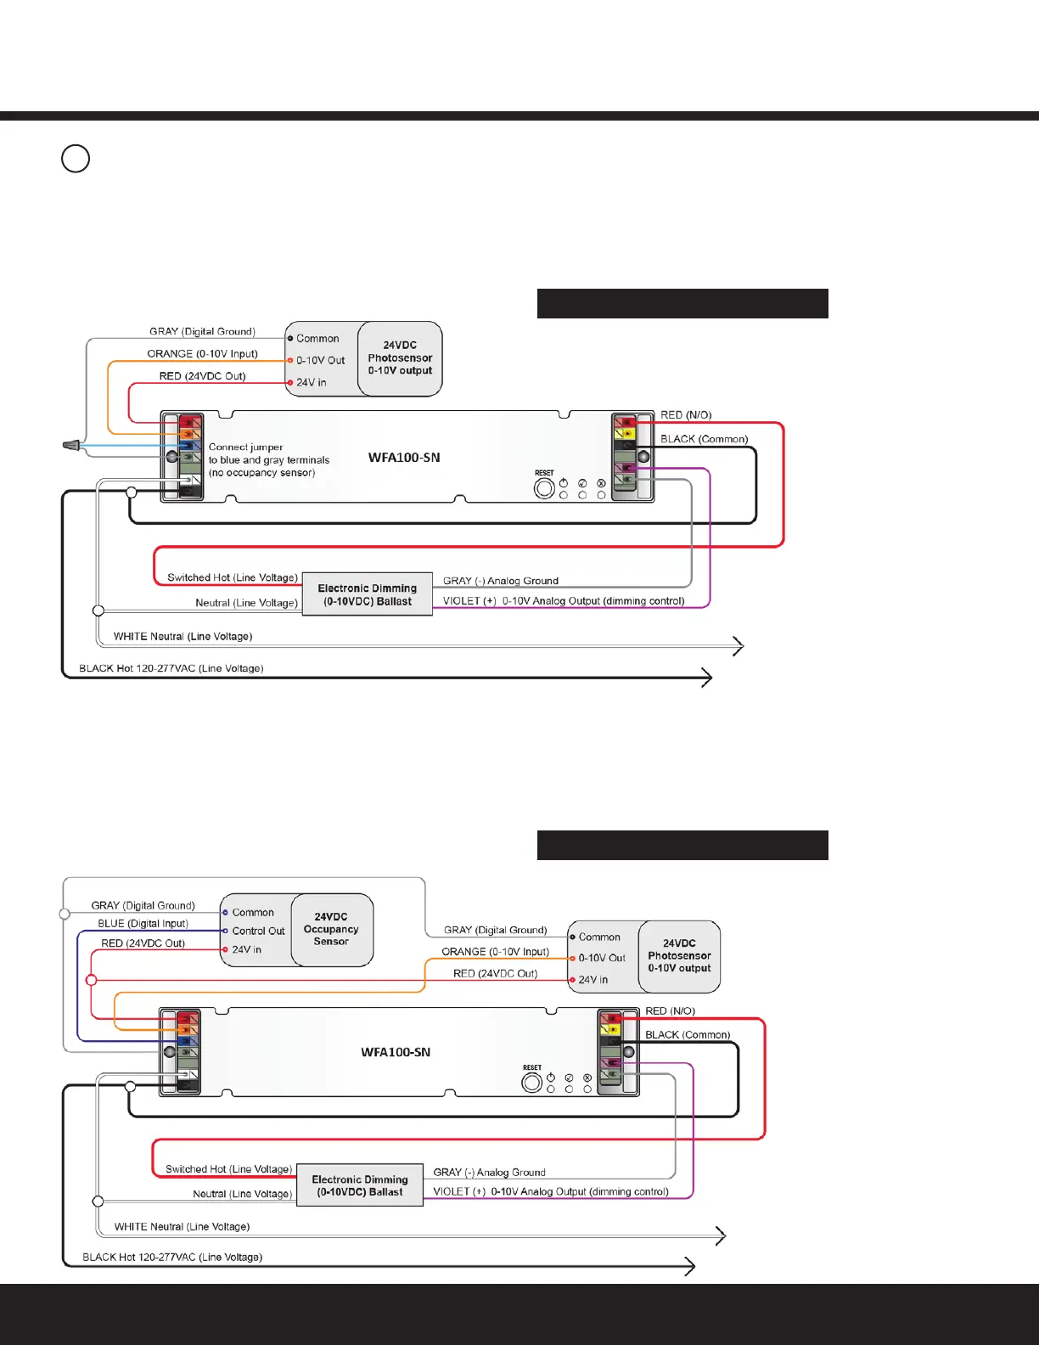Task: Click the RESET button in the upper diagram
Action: pos(544,488)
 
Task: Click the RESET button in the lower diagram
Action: pos(532,1083)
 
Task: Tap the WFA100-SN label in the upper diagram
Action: pos(404,458)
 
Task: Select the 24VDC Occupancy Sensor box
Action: pos(331,929)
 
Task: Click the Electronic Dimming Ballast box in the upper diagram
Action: pos(367,594)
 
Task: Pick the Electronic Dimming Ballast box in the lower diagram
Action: pos(360,1185)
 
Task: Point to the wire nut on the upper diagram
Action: pos(71,445)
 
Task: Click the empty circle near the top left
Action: pos(76,159)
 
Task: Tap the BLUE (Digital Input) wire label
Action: pos(143,924)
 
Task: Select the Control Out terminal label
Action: pos(258,931)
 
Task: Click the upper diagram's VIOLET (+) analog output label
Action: pos(564,601)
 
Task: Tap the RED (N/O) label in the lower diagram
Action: pos(670,1011)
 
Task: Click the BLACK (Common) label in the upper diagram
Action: pos(704,439)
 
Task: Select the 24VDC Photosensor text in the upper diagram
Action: pos(400,358)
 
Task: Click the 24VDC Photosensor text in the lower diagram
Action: pos(679,956)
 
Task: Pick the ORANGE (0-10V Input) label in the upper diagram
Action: pos(202,354)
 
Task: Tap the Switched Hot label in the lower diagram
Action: pos(228,1169)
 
